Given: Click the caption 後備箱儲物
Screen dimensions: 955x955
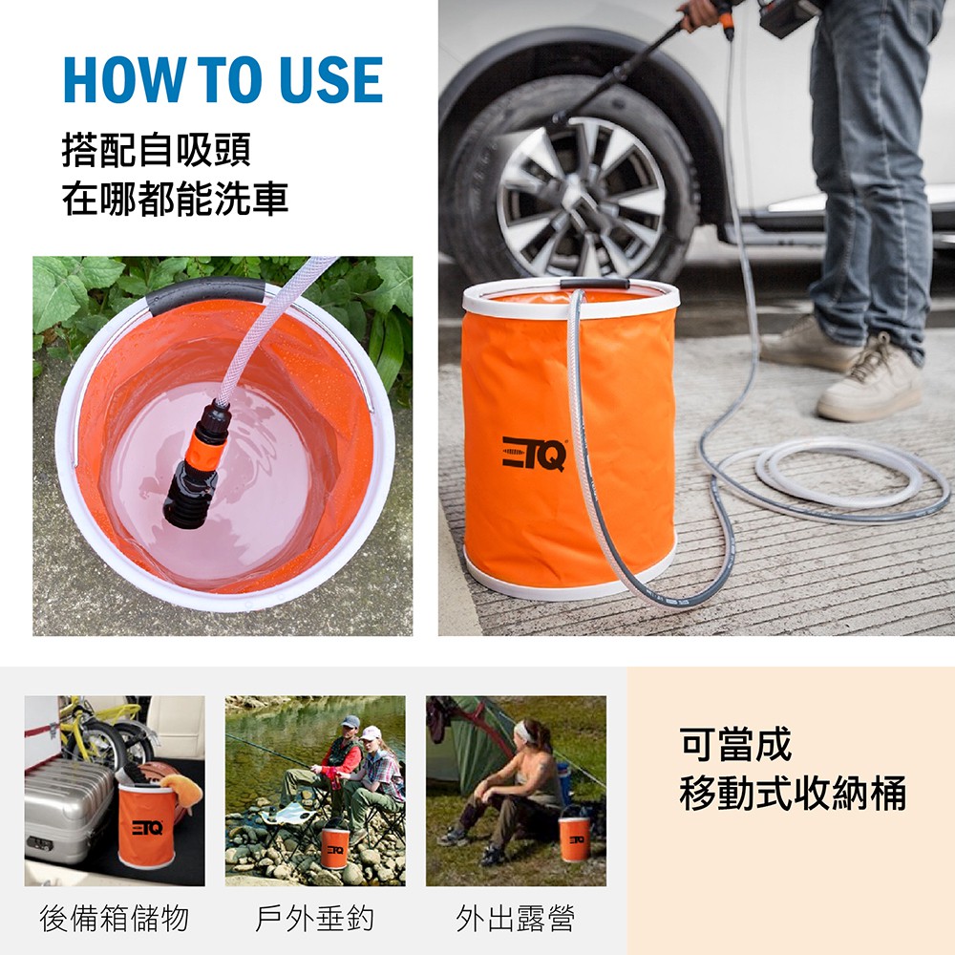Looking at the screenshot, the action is point(115,919).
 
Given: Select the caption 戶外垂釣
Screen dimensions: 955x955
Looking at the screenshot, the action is point(314,919).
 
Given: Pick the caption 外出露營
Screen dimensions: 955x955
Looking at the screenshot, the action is point(516,919).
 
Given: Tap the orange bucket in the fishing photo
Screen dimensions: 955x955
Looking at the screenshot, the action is point(335,846).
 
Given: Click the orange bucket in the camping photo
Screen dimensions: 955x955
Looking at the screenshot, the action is point(574,838).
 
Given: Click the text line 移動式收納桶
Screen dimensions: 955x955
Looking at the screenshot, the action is point(793,793).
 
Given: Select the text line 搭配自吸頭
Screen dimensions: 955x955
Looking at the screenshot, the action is point(157,150).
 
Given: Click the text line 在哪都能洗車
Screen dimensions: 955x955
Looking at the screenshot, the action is point(176,199).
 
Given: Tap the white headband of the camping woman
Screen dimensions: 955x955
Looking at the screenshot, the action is point(522,732).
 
